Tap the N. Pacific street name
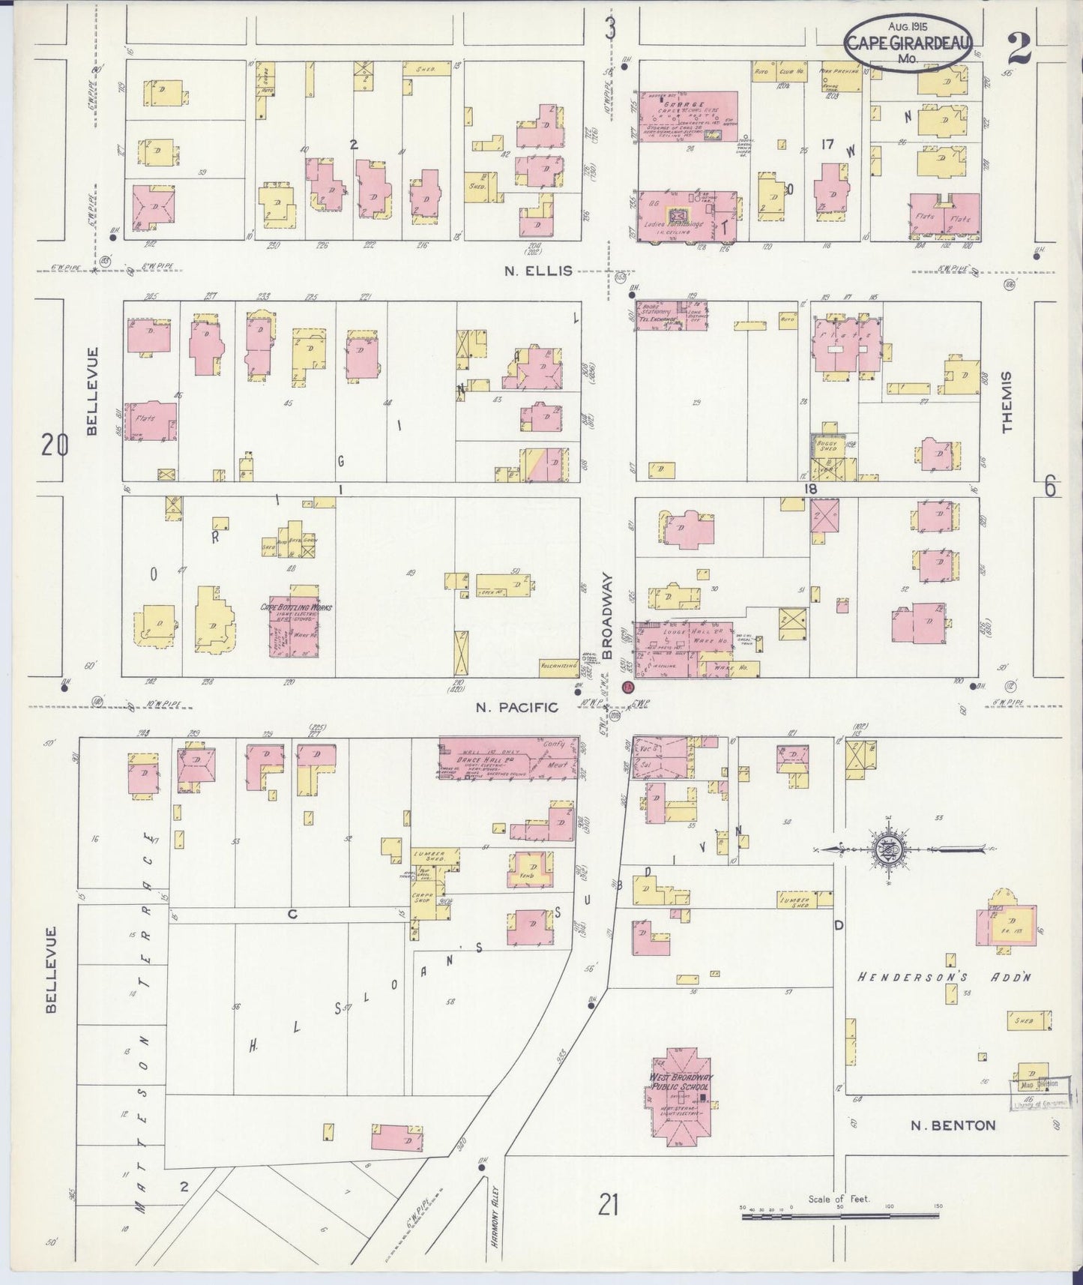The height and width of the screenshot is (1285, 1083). click(x=518, y=707)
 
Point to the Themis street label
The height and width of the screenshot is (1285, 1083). click(x=1006, y=402)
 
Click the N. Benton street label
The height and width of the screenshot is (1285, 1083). click(x=953, y=1125)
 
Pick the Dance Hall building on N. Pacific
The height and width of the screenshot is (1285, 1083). click(x=508, y=758)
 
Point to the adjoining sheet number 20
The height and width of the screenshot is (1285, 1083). click(x=54, y=446)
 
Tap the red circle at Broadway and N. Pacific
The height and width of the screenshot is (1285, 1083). click(x=628, y=687)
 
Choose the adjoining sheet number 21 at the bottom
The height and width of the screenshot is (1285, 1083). click(x=608, y=1206)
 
